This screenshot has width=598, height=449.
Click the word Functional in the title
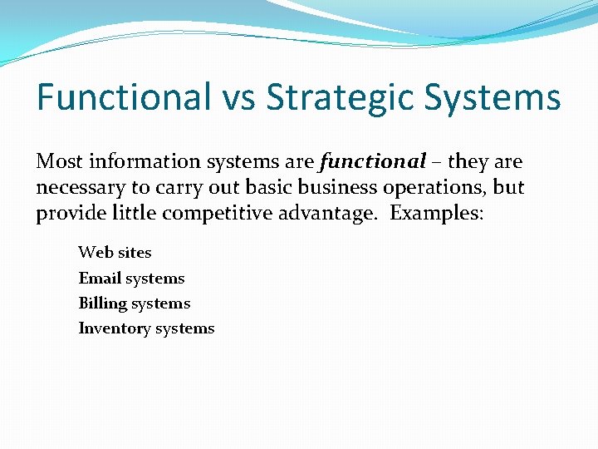tap(124, 97)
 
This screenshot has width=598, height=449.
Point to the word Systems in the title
tap(496, 97)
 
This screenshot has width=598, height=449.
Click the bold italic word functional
tap(372, 161)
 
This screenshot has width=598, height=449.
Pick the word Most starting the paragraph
tap(60, 161)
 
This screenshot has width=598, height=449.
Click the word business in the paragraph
tap(320, 187)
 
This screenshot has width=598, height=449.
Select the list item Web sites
tap(115, 252)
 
